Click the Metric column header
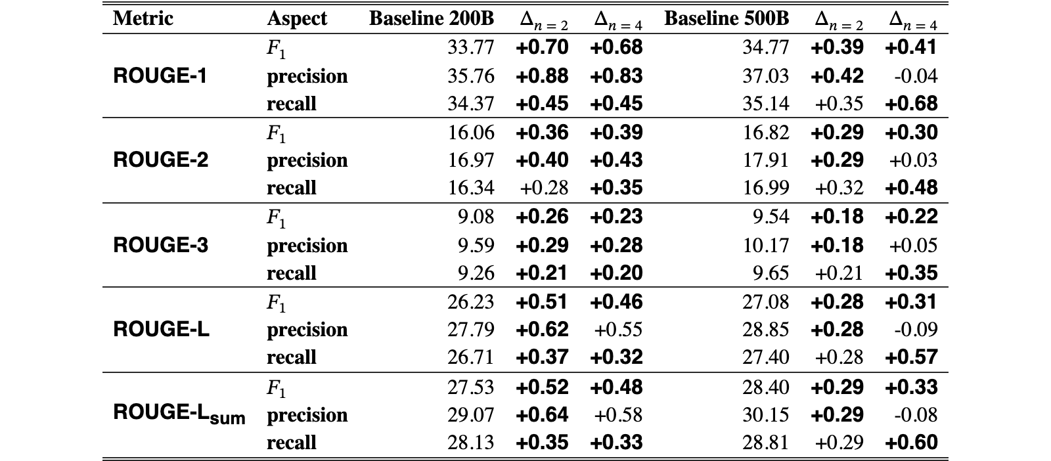click(143, 18)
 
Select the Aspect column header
click(297, 19)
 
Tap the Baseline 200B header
click(432, 18)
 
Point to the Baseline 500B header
click(727, 18)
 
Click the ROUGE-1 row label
click(160, 76)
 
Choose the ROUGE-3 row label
click(160, 245)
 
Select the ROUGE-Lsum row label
click(179, 414)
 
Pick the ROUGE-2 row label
click(160, 160)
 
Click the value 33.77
click(470, 47)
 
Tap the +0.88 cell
click(542, 76)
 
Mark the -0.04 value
click(916, 76)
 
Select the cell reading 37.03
click(766, 76)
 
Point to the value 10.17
click(766, 245)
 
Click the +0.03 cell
click(913, 160)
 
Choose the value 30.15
click(766, 414)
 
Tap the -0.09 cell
click(916, 330)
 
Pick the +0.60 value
click(911, 442)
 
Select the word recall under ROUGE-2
click(292, 188)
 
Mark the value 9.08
click(476, 217)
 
